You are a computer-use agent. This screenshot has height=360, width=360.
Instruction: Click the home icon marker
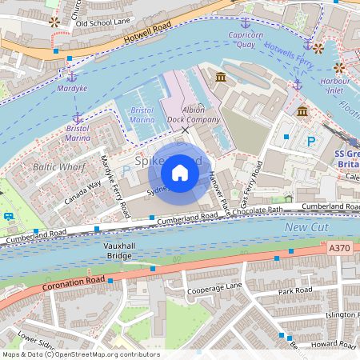[x=180, y=173]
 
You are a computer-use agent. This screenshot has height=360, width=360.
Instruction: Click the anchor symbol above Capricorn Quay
[x=246, y=22]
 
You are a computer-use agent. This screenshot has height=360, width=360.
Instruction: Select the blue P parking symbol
[x=311, y=141]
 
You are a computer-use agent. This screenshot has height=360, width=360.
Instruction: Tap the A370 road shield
[x=339, y=249]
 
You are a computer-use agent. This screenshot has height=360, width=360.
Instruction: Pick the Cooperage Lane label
[x=214, y=286]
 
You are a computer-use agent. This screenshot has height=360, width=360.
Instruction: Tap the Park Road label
[x=295, y=290]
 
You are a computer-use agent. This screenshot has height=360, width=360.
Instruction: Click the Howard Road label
[x=333, y=344]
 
